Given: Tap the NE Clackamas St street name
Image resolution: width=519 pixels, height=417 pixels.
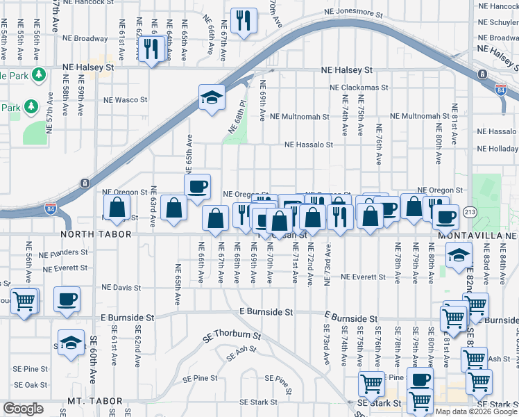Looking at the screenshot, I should pyautogui.click(x=359, y=88).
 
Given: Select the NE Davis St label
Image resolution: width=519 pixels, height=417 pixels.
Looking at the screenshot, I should pyautogui.click(x=121, y=287).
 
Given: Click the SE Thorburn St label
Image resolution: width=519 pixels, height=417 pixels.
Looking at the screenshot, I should pyautogui.click(x=232, y=336).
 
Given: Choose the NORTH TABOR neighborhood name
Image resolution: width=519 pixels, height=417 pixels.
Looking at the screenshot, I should pyautogui.click(x=101, y=235).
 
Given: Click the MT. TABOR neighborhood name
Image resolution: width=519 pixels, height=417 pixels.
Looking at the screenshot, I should pyautogui.click(x=95, y=402).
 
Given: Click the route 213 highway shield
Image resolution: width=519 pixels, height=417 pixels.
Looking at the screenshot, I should pyautogui.click(x=470, y=212).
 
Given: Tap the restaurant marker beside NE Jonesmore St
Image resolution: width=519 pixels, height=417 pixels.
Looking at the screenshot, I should pyautogui.click(x=242, y=21).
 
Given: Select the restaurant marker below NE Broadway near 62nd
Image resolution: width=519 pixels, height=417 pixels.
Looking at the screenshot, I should pyautogui.click(x=151, y=49).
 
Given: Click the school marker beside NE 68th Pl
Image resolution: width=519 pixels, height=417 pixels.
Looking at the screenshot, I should pyautogui.click(x=211, y=97).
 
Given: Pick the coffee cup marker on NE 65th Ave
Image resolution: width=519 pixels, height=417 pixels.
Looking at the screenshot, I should pyautogui.click(x=197, y=186).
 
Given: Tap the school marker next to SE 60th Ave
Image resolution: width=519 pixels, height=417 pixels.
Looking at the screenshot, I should pyautogui.click(x=71, y=343).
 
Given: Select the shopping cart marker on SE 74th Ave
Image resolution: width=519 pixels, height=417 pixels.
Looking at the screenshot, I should pyautogui.click(x=371, y=383).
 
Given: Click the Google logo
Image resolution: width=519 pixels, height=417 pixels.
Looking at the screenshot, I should pyautogui.click(x=23, y=409).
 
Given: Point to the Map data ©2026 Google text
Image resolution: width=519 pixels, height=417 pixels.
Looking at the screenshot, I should pyautogui.click(x=476, y=411).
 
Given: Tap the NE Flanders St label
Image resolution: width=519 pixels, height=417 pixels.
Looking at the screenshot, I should pyautogui.click(x=63, y=252).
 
